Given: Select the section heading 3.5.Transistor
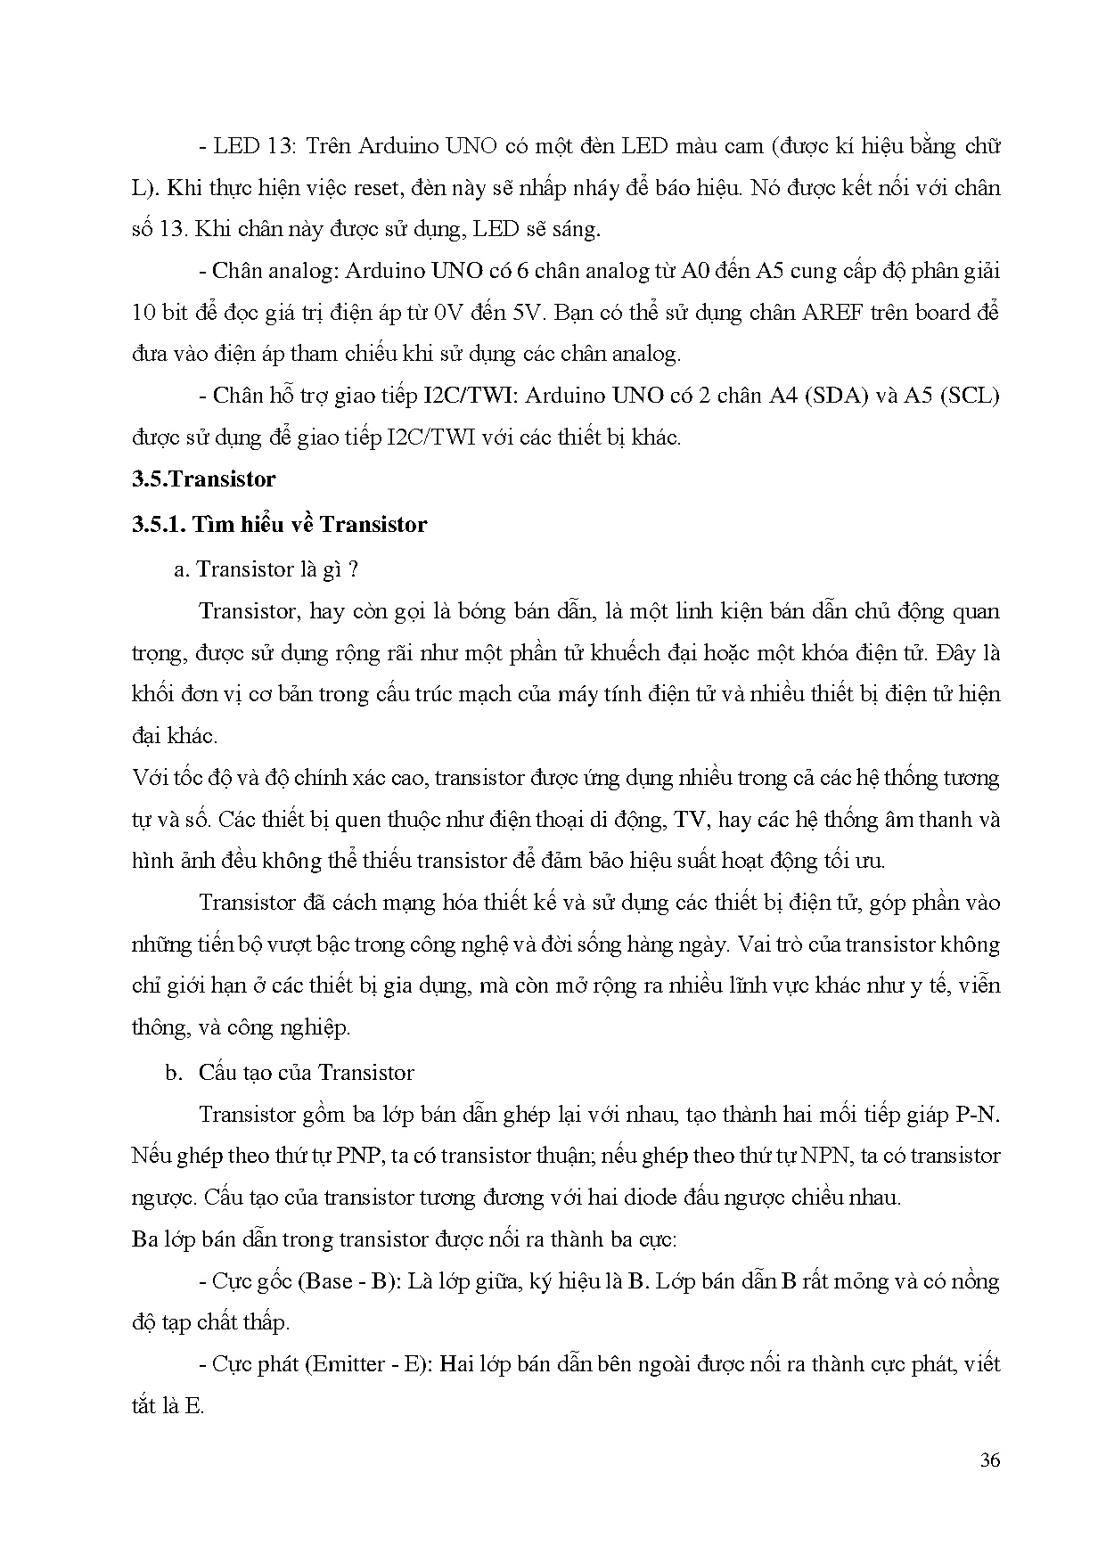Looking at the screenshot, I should click(204, 479).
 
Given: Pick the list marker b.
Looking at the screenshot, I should click(174, 1073).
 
